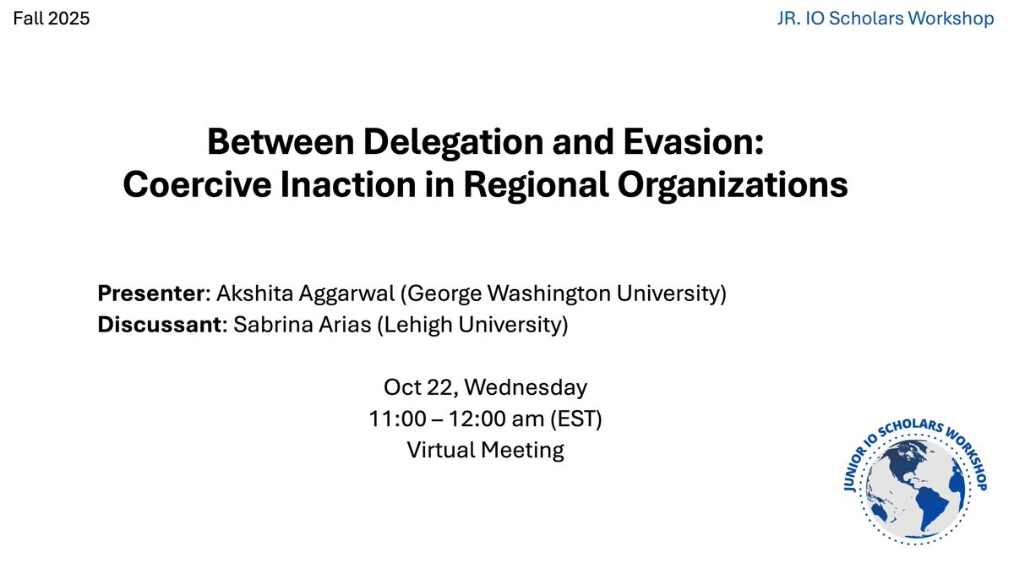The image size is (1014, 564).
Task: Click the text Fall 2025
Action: (x=51, y=18)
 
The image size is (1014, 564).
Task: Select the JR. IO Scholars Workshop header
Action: (x=885, y=18)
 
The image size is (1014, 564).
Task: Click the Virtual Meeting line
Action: (x=485, y=450)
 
